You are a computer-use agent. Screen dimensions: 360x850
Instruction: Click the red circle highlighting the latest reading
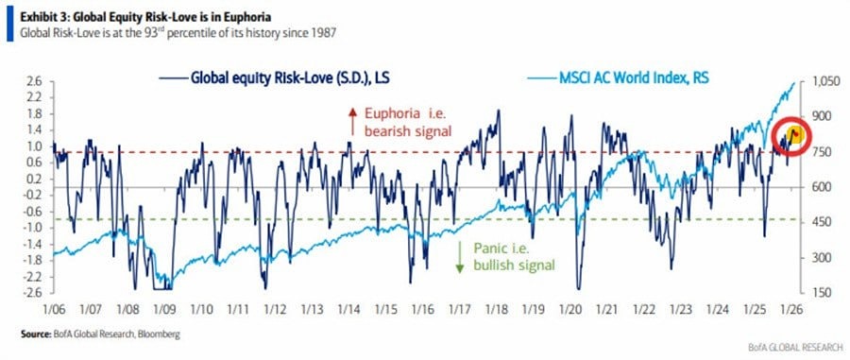[x=793, y=134]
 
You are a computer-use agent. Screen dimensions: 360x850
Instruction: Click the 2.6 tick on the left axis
[x=34, y=82]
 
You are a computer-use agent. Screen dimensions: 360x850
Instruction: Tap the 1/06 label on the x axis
[x=52, y=307]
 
